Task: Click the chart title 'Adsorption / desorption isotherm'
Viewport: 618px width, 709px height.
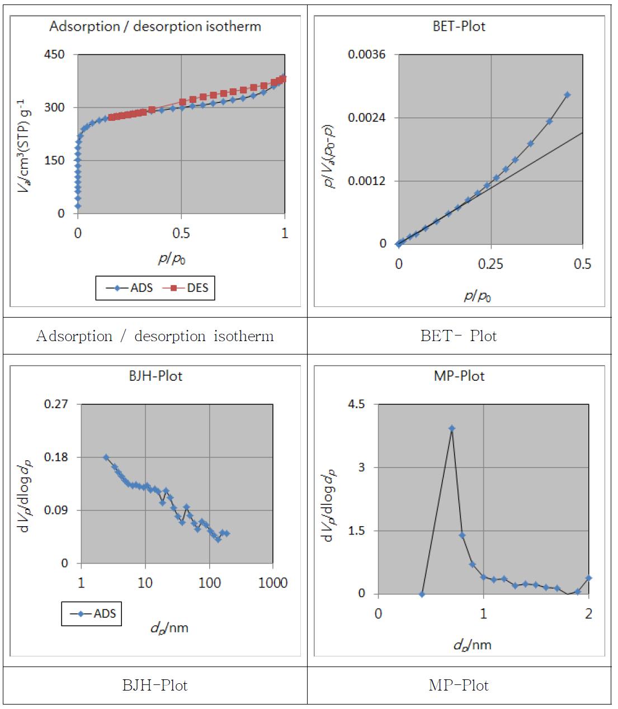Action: tap(155, 27)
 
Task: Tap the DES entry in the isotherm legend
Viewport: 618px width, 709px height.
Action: tap(189, 288)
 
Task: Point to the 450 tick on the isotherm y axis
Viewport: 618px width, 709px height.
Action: tap(54, 55)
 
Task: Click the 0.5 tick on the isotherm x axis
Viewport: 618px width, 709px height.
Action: tap(181, 233)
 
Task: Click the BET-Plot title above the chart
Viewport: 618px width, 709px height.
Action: tap(459, 27)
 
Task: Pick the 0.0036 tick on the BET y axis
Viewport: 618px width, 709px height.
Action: tap(366, 55)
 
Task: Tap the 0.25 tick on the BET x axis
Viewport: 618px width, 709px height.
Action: tap(490, 264)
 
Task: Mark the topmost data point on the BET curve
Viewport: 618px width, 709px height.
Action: tap(567, 95)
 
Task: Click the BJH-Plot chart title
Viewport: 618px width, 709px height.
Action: tap(155, 376)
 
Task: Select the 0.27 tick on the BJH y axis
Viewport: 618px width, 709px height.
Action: tap(56, 404)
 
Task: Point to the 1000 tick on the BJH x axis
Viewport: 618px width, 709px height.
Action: tap(273, 583)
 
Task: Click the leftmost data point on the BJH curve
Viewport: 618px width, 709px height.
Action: tap(106, 457)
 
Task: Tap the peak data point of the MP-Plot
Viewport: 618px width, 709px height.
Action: tap(452, 429)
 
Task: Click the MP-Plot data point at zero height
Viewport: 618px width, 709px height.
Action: tap(422, 594)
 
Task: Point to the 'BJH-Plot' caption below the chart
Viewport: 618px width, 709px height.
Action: tap(155, 686)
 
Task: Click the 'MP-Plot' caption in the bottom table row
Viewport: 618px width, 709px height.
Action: tap(459, 686)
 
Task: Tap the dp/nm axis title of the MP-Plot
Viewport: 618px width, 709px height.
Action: tap(472, 645)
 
